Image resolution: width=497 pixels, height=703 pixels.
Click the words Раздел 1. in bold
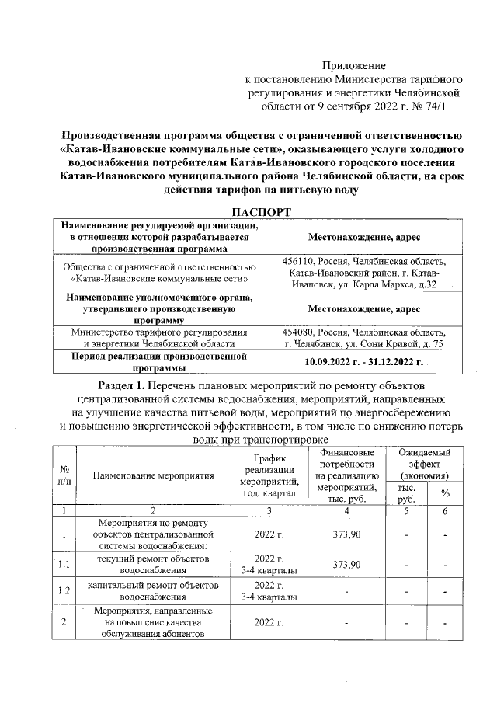coord(126,386)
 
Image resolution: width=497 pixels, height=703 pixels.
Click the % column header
coord(445,493)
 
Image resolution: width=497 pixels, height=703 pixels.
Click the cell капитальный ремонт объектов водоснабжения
coord(153,590)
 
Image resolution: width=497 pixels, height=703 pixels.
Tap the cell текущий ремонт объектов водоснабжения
coord(153,564)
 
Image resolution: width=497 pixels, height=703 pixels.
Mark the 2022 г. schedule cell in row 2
coord(269,622)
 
